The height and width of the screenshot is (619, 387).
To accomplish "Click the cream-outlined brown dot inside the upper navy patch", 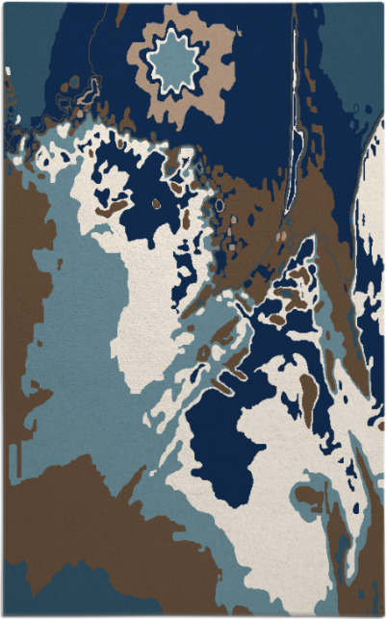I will point(156,204).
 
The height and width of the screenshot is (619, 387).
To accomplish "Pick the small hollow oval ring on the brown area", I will point(219,205).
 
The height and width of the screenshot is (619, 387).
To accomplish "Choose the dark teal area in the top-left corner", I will point(29,39).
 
